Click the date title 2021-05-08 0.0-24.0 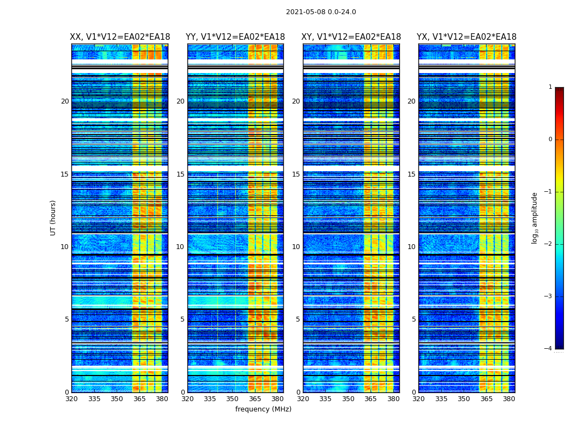coord(321,12)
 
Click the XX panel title coord(119,37)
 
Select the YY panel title coord(235,37)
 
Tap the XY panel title coord(351,37)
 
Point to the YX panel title coord(467,37)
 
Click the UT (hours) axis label coord(53,217)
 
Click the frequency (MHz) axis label coord(263,409)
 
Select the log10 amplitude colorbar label coord(535,217)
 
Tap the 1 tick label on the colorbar coord(550,87)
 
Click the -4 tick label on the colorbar coord(549,349)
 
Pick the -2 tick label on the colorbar coord(549,244)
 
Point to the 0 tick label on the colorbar coord(550,140)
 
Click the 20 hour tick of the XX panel coord(65,101)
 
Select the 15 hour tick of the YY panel coord(181,174)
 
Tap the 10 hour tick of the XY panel coord(296,247)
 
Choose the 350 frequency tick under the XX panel coord(117,399)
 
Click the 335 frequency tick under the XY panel coord(326,399)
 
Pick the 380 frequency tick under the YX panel coord(509,399)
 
